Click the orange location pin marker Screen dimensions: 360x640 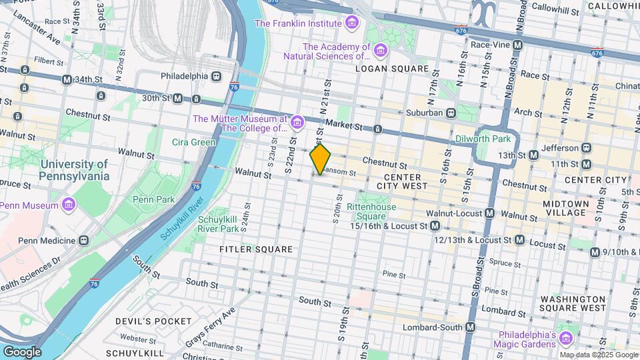click(321, 159)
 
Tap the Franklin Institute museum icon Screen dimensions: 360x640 click(351, 23)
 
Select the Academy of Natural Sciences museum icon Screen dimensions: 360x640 click(380, 51)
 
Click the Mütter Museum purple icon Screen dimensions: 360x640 click(297, 122)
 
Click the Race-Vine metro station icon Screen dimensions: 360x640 click(517, 45)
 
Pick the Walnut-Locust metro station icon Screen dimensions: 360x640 click(490, 213)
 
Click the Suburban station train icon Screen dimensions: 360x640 click(451, 113)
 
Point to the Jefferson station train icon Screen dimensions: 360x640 click(587, 147)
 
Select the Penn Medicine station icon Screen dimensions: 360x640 click(83, 240)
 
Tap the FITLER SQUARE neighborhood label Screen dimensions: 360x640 click(257, 249)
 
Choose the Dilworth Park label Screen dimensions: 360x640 click(483, 139)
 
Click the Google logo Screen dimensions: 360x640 click(22, 351)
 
